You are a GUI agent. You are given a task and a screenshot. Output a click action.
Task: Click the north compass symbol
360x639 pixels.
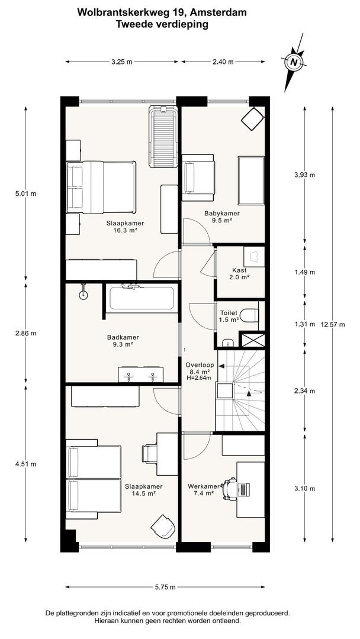[294, 62]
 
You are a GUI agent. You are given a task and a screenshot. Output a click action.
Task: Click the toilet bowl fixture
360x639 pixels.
[249, 315]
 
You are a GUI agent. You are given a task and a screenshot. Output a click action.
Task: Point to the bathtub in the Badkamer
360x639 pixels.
[142, 298]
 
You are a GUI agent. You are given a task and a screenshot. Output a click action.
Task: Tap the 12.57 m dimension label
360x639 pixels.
[333, 324]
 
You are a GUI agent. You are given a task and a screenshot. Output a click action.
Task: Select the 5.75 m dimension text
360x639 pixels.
[165, 587]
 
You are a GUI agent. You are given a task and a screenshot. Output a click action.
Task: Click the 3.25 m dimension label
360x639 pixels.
[122, 62]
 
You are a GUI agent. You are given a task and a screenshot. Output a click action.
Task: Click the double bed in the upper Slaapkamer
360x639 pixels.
[101, 187]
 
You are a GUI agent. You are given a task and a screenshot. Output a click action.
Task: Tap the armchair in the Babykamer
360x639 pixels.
[198, 177]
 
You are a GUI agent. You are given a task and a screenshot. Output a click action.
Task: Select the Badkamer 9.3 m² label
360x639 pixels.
[123, 340]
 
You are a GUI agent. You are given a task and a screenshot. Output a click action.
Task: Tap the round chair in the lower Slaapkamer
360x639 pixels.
[163, 526]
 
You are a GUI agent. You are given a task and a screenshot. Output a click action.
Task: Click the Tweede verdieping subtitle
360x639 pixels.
[162, 24]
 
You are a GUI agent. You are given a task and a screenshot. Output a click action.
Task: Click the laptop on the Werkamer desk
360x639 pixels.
[245, 489]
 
